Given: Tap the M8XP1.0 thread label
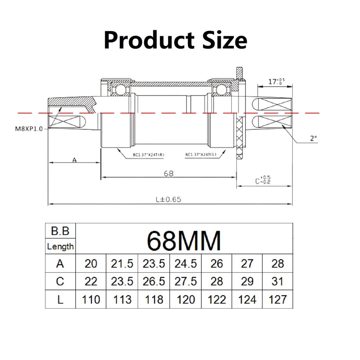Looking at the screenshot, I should [28, 129].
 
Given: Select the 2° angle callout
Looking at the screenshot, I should [314, 139].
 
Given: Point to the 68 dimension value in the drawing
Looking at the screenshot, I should [169, 173].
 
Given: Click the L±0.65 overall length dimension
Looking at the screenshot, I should [168, 199].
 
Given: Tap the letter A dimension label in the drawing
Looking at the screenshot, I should [74, 160].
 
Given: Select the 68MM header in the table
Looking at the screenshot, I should [184, 240].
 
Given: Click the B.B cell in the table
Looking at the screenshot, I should [60, 231].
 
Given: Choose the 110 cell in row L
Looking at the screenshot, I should [91, 300].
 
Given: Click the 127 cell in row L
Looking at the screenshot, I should [277, 300].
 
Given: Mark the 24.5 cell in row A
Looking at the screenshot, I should [185, 263].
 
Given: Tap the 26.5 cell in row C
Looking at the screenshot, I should [154, 282].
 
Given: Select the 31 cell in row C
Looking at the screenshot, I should [277, 282].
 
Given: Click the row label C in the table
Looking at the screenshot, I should [60, 282].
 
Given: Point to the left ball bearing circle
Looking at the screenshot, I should [121, 90].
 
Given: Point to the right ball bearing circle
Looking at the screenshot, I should [221, 90].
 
